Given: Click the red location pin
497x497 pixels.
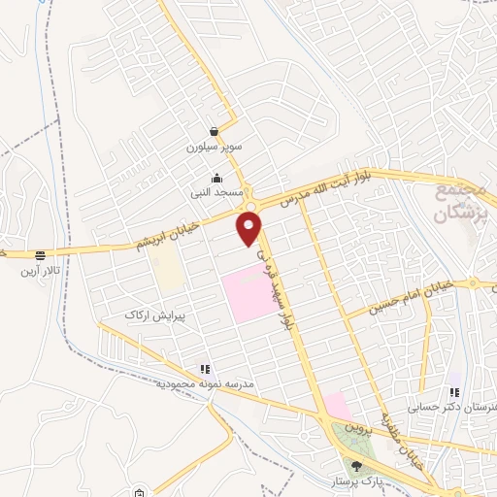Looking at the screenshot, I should [250, 228].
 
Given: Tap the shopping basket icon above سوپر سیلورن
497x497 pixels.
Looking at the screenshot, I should [213, 131].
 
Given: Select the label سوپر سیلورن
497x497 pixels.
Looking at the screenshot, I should [213, 149].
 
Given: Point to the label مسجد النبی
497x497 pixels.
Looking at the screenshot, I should [216, 193].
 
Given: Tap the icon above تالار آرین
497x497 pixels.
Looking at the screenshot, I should [40, 255].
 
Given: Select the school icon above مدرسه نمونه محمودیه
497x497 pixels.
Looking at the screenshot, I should [205, 369].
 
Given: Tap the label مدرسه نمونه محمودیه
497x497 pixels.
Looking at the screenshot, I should [206, 384].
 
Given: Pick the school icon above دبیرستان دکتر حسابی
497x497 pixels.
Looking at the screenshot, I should [453, 392].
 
